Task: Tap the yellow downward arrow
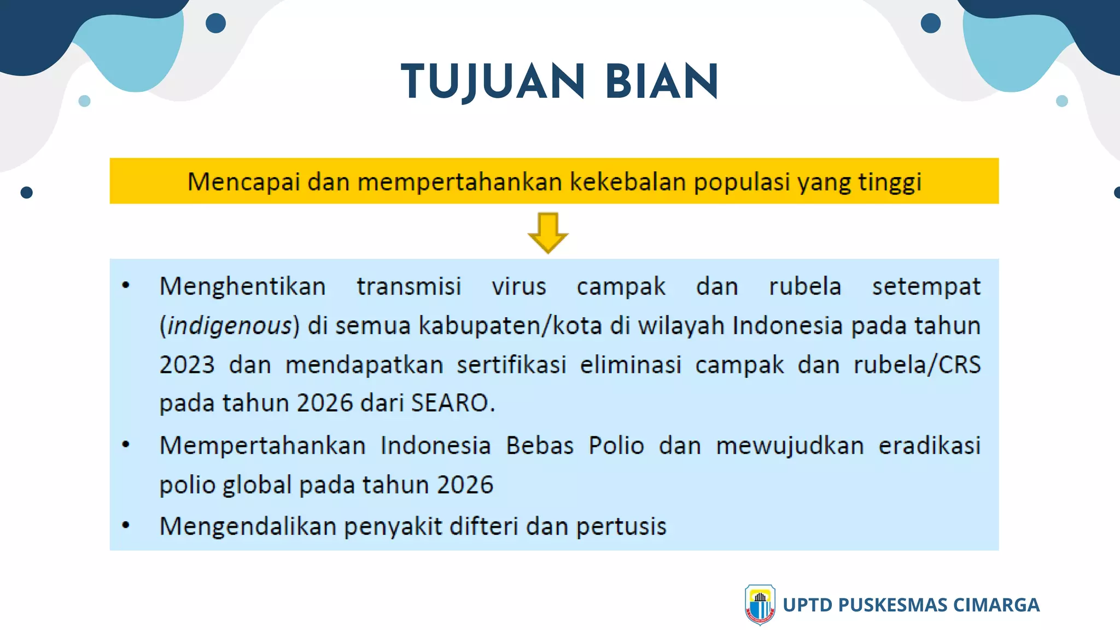[x=548, y=233]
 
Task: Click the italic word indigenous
[x=230, y=326]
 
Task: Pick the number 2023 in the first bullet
[x=187, y=365]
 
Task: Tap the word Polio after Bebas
[x=616, y=445]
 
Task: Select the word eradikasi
[x=929, y=445]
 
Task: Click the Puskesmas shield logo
[x=760, y=604]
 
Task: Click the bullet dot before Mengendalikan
[x=126, y=526]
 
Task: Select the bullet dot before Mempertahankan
[x=126, y=445]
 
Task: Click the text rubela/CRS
[x=917, y=365]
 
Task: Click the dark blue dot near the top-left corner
[x=215, y=23]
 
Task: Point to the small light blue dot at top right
[x=1061, y=101]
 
